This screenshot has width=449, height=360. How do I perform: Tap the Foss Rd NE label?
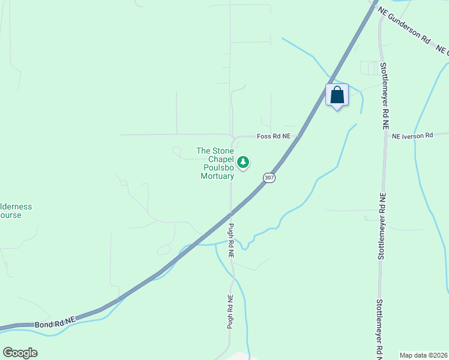click(274, 136)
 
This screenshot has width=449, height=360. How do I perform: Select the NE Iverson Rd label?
click(412, 136)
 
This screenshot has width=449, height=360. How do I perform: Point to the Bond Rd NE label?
click(55, 323)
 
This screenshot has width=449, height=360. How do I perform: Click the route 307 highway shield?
click(270, 178)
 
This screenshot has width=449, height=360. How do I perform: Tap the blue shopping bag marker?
click(337, 95)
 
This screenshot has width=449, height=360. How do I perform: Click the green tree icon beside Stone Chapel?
click(243, 161)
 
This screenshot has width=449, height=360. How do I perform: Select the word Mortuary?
click(217, 176)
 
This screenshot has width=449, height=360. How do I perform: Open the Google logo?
click(20, 353)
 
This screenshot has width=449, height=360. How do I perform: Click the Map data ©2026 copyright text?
click(423, 355)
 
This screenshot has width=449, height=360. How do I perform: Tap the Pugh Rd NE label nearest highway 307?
click(231, 241)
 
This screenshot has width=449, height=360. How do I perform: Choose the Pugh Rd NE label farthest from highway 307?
click(230, 311)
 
